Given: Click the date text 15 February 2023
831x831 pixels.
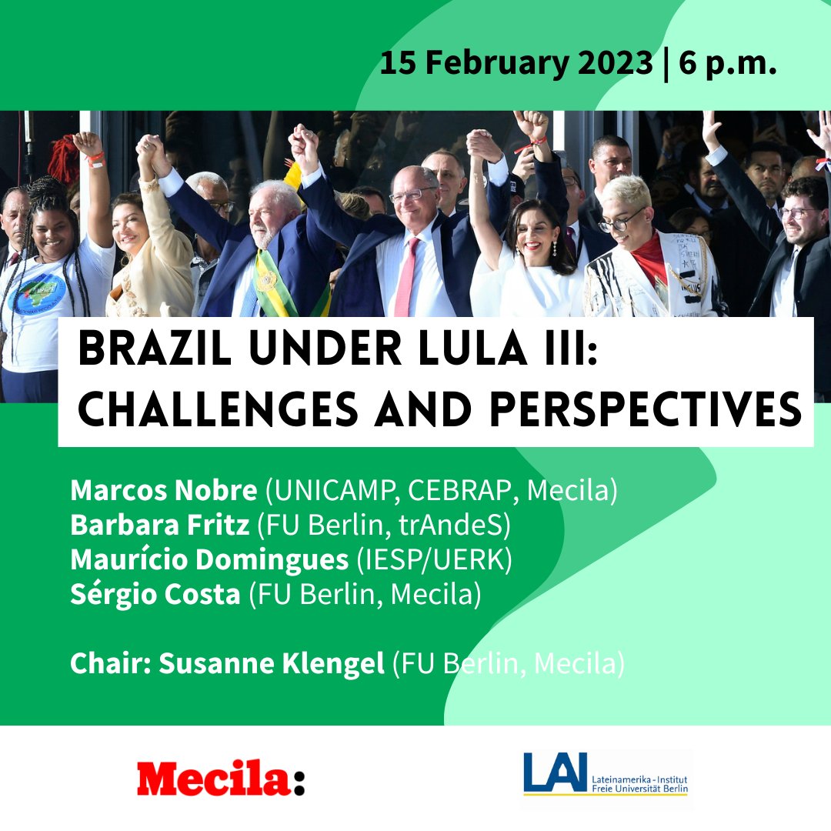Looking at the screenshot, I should [516, 64].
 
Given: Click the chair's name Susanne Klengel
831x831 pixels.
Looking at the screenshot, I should [271, 663].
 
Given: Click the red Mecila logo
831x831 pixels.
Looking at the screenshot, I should [221, 779].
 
